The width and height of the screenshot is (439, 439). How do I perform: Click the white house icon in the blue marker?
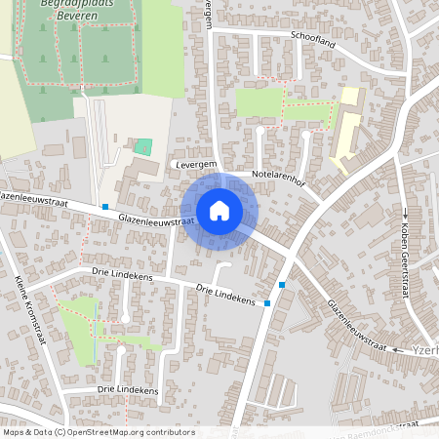219,210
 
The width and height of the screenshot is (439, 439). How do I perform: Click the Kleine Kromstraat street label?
30,311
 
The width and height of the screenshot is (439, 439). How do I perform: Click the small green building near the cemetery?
143,147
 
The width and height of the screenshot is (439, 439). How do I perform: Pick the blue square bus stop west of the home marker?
104,207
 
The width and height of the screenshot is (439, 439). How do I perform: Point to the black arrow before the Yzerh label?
399,348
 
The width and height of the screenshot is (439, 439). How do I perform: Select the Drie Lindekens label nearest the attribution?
128,389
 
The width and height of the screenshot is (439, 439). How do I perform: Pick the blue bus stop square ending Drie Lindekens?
267,302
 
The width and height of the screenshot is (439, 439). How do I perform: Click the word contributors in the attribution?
167,431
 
